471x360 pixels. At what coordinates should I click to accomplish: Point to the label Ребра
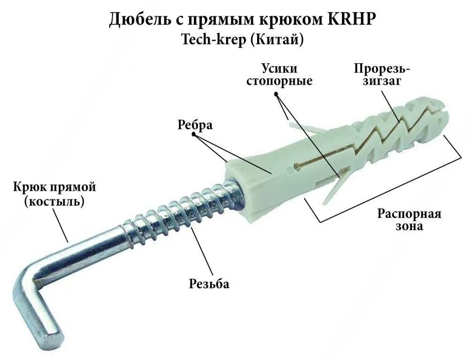pyautogui.click(x=195, y=125)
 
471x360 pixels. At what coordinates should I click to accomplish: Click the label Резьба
pyautogui.click(x=209, y=284)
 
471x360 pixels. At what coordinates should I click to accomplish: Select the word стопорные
pyautogui.click(x=287, y=81)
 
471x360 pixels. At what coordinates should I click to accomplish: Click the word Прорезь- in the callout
pyautogui.click(x=382, y=69)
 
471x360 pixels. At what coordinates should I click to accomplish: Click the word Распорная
pyautogui.click(x=410, y=214)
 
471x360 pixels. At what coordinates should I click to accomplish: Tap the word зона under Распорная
pyautogui.click(x=410, y=226)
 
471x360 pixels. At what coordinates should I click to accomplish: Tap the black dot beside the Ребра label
pyautogui.click(x=195, y=135)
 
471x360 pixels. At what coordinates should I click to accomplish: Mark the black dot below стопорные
pyautogui.click(x=277, y=93)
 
